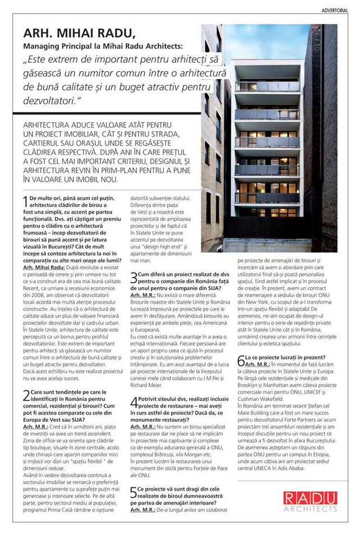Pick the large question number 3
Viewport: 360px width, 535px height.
coord(133,278)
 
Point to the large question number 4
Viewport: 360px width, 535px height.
coord(133,403)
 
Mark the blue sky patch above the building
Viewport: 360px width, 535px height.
coord(269,39)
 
